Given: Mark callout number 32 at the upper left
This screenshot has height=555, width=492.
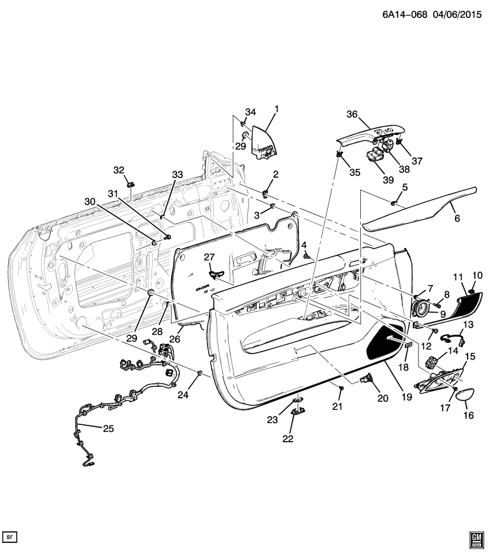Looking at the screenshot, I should click(119, 170).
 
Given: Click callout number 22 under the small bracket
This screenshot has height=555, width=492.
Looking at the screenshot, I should click(287, 439).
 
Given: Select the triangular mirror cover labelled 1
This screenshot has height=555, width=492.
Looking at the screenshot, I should click(265, 139).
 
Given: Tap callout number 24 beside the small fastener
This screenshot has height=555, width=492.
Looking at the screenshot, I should click(183, 395).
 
